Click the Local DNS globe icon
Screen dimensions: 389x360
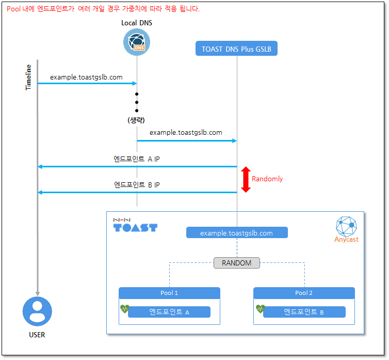pos(137,42)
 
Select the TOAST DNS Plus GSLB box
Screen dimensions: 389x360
pos(236,49)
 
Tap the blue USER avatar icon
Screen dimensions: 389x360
pos(37,311)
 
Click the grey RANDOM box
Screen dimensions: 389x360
pos(237,263)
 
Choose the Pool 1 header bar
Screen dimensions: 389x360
pos(169,293)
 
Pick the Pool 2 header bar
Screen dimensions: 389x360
pos(304,293)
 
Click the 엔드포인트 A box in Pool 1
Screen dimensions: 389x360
pos(169,312)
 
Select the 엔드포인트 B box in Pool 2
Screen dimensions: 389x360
pos(304,312)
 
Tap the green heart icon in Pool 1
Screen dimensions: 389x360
pos(125,309)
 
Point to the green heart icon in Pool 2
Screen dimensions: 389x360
pos(261,309)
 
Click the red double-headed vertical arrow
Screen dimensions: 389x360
pos(246,179)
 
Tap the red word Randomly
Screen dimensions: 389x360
pos(267,179)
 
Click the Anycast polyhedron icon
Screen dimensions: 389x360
pos(346,226)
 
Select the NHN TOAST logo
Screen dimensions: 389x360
pos(135,225)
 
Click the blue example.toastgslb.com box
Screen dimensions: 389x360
pos(237,232)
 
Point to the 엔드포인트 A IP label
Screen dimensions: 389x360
pos(136,159)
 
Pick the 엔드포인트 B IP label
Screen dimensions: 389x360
pos(137,184)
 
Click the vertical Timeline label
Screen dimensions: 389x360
pos(28,77)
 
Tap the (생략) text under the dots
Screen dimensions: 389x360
pos(136,120)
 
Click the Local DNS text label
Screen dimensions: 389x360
pos(137,23)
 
